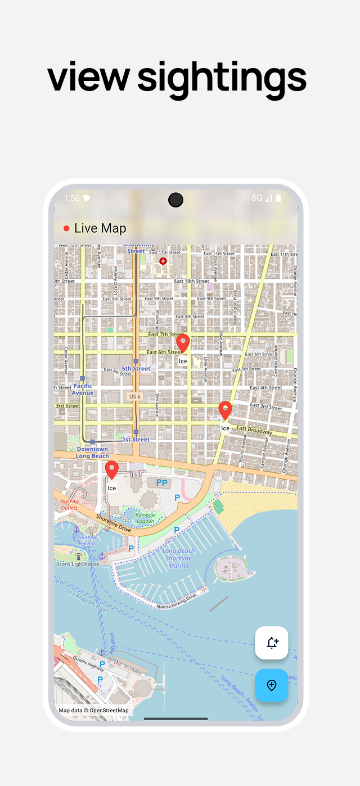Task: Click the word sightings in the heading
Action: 222,78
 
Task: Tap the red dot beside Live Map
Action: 66,228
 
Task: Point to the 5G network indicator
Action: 257,198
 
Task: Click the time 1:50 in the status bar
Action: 72,198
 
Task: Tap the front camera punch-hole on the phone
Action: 175,200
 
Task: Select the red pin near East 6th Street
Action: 183,342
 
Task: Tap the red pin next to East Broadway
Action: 225,410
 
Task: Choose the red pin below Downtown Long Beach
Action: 112,469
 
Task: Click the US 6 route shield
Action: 134,396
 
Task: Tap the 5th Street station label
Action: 136,368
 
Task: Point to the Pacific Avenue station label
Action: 83,389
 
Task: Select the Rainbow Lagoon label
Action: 145,517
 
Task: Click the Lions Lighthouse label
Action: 78,563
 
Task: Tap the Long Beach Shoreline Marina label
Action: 178,558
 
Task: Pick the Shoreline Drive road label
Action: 113,523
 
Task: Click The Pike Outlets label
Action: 69,504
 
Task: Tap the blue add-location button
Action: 271,685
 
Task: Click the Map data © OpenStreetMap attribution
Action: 93,710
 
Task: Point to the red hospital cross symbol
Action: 163,261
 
